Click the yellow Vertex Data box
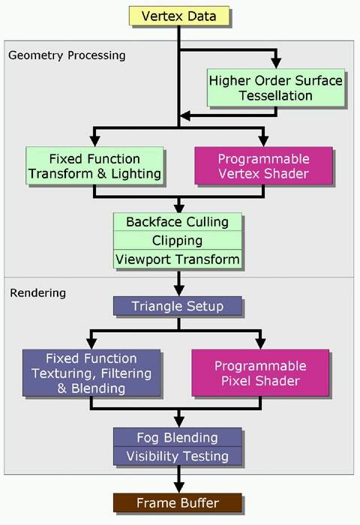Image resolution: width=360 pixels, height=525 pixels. coord(179,16)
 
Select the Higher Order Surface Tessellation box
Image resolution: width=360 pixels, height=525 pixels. coord(275,88)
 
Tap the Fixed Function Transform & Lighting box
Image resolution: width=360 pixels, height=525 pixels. coord(94,166)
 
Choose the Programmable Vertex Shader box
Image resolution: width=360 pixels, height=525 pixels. coord(263,166)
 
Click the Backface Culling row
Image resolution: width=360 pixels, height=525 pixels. coord(178,222)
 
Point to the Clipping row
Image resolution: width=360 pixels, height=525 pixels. coord(178,240)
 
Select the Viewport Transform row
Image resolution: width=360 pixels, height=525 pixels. coord(178,259)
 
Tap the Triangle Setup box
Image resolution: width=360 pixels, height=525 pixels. coord(178,306)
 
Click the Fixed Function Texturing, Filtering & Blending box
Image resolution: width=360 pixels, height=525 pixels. coord(91,373)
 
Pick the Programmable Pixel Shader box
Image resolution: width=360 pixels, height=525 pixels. coord(260,373)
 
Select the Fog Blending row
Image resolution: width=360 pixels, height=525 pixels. coord(178,437)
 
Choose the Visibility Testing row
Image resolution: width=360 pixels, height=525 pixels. coord(178,456)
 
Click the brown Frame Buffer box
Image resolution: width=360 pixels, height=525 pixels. coord(178,502)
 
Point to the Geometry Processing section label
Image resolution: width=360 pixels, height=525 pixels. coord(67,55)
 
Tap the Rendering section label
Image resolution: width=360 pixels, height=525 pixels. coord(37,293)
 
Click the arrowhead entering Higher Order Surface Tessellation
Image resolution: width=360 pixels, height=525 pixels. coord(276,63)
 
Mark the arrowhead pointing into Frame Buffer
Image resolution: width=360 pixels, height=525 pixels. coord(179,487)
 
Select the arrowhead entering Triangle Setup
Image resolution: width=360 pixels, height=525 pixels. coord(179,291)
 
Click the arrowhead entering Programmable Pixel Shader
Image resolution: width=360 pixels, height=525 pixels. coord(260,343)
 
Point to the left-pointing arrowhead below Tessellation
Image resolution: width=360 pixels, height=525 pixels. coord(185,115)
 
